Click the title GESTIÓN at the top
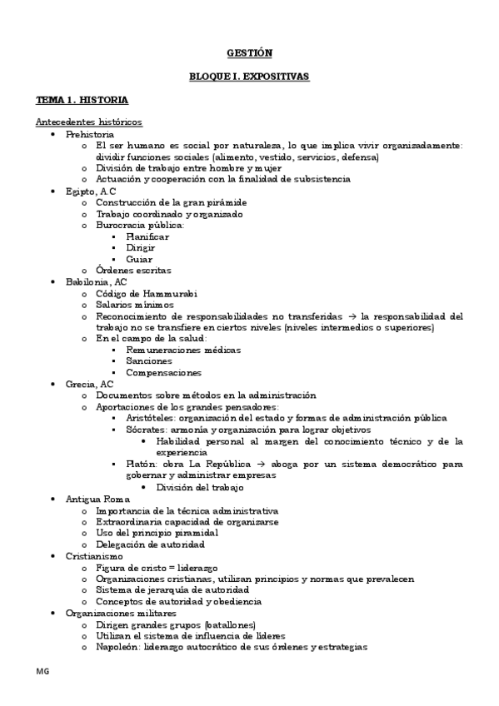pyautogui.click(x=249, y=52)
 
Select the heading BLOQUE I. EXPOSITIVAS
pyautogui.click(x=249, y=76)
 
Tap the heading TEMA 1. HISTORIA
pyautogui.click(x=81, y=99)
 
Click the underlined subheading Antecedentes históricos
pyautogui.click(x=88, y=122)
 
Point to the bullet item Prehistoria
pyautogui.click(x=89, y=134)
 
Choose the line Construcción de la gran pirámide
pyautogui.click(x=171, y=202)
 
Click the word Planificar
pyautogui.click(x=147, y=236)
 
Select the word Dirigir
pyautogui.click(x=141, y=247)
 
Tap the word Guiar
pyautogui.click(x=139, y=259)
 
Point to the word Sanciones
pyautogui.click(x=148, y=361)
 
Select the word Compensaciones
pyautogui.click(x=163, y=373)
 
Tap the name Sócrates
pyautogui.click(x=145, y=429)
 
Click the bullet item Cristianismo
pyautogui.click(x=94, y=555)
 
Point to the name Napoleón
pyautogui.click(x=117, y=646)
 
